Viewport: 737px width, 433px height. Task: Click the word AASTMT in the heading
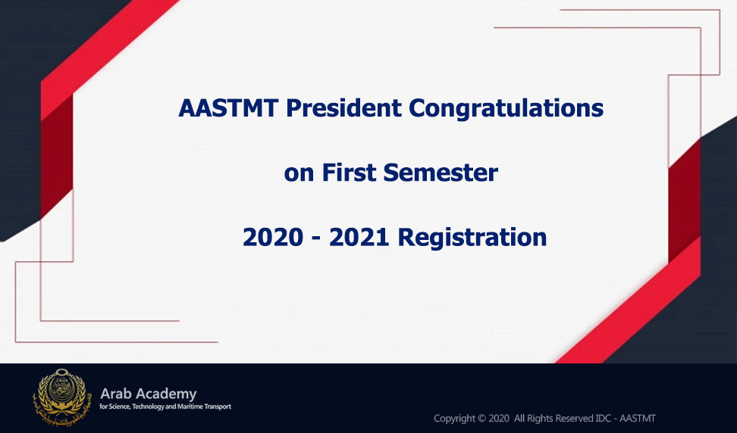pos(229,108)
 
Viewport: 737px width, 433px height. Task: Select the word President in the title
pos(344,108)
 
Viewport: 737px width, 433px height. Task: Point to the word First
pos(350,173)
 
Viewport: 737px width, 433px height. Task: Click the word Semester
pos(441,173)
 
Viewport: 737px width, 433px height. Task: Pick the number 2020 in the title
pos(273,237)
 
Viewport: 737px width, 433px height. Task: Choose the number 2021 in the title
pos(359,237)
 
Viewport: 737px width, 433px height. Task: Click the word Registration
pos(472,238)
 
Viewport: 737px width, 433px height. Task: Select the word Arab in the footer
pos(115,393)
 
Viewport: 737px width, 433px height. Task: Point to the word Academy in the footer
pos(165,394)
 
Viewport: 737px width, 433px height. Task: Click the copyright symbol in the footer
pos(481,418)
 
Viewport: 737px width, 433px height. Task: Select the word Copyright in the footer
pos(454,419)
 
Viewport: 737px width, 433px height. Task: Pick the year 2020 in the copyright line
pos(499,418)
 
